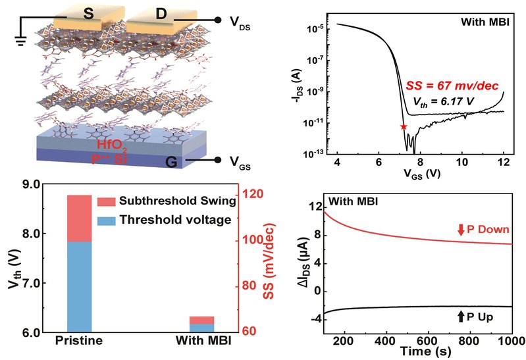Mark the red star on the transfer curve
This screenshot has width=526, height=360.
404,126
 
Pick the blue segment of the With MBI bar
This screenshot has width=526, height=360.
202,328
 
